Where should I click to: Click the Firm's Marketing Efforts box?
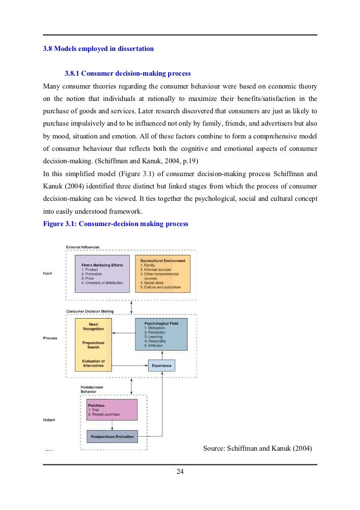[x=102, y=273]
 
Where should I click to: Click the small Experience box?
[x=161, y=366]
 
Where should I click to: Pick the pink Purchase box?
[x=111, y=410]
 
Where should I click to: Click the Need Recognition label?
[x=93, y=326]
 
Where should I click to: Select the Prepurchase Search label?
[x=93, y=345]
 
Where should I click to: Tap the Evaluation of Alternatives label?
[x=93, y=363]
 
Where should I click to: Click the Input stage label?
[x=47, y=273]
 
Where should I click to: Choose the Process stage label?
[x=50, y=338]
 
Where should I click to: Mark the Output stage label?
[x=49, y=419]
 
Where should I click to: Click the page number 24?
[x=180, y=471]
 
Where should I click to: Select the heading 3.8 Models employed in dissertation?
[x=98, y=48]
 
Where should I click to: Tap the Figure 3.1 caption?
[x=116, y=224]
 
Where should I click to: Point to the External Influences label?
[x=83, y=247]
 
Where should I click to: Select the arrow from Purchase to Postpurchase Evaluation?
[x=112, y=425]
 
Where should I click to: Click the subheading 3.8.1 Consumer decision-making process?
[x=128, y=73]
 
